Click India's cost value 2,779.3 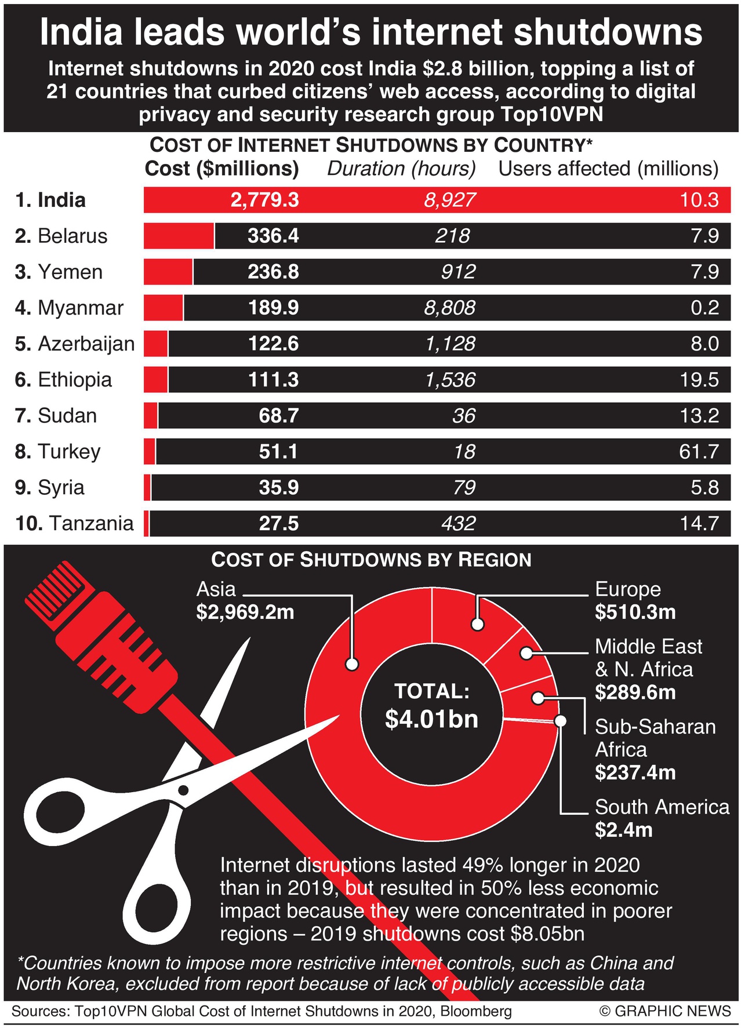[264, 200]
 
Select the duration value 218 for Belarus [453, 236]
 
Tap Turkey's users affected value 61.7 [699, 451]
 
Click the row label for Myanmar [69, 308]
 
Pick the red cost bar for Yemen [168, 272]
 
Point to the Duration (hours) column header [401, 169]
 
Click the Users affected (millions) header [608, 169]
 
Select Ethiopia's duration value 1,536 [450, 380]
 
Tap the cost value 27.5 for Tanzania [278, 523]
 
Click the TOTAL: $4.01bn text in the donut [432, 706]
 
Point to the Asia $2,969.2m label [245, 600]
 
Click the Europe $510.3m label [635, 600]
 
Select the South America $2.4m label [662, 818]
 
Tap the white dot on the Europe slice [478, 624]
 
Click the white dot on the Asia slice [352, 665]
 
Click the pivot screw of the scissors [183, 789]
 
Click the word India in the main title [81, 32]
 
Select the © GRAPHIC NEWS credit [665, 1011]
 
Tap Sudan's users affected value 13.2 [699, 415]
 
